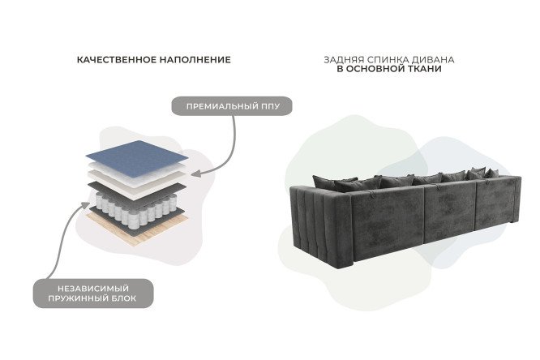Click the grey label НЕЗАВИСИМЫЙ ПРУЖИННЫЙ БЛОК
click(x=92, y=293)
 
